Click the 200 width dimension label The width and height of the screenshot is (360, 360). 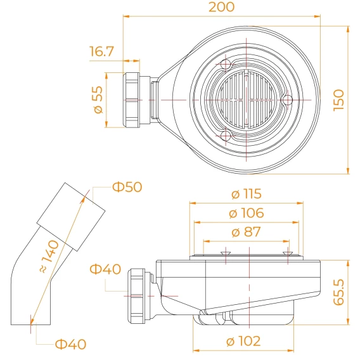tap(222, 7)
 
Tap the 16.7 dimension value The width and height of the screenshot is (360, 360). tap(101, 51)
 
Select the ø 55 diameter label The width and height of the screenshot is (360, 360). tap(98, 100)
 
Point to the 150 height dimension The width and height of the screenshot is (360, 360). tap(339, 100)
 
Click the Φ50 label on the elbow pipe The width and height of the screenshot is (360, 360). tap(127, 187)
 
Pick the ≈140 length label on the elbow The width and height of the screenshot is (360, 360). tap(49, 256)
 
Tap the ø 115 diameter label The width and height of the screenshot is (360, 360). tap(247, 194)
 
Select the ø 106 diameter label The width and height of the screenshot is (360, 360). tap(247, 213)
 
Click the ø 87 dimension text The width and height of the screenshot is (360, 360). tap(247, 232)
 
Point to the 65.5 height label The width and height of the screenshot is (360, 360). tap(339, 292)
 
